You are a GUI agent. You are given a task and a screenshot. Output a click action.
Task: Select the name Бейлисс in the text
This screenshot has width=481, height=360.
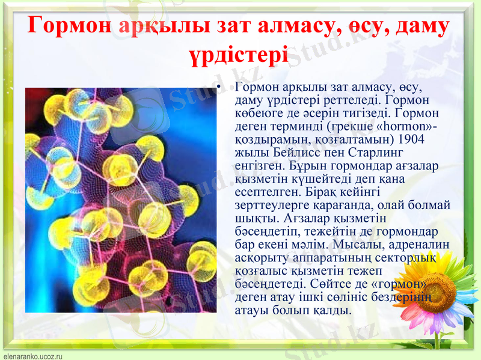click(284, 153)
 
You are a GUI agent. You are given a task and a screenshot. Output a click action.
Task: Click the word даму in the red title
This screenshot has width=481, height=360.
click(418, 26)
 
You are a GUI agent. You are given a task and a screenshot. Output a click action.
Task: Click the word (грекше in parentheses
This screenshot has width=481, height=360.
click(354, 126)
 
